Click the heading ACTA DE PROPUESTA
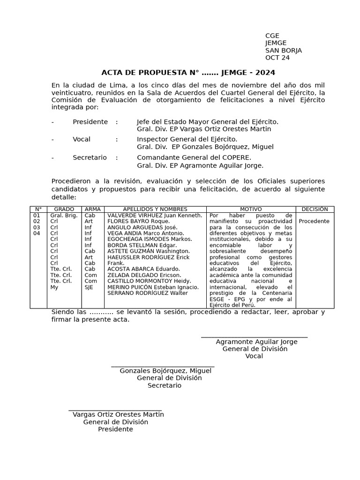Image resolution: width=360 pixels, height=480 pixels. click(x=188, y=73)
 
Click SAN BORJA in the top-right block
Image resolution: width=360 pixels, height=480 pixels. click(x=284, y=51)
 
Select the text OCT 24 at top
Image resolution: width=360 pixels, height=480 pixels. click(x=277, y=58)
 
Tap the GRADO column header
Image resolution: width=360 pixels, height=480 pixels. click(x=64, y=209)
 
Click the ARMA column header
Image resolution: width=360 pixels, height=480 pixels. click(x=93, y=209)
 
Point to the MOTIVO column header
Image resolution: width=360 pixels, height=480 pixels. click(x=251, y=209)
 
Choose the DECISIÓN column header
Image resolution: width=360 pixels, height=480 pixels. click(x=315, y=209)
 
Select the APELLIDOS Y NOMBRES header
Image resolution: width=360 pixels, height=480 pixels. click(x=155, y=209)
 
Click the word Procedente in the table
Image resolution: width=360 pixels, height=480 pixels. click(x=314, y=221)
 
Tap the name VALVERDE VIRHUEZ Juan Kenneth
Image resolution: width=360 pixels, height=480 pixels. click(x=155, y=216)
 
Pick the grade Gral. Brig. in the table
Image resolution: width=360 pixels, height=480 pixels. click(x=64, y=216)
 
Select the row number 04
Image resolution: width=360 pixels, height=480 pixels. click(x=37, y=233)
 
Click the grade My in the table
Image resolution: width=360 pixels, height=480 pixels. click(x=54, y=287)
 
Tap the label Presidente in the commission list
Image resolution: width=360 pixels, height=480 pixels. click(x=90, y=122)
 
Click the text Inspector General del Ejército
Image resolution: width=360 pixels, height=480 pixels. click(x=187, y=139)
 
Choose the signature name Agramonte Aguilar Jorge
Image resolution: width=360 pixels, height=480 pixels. click(x=256, y=342)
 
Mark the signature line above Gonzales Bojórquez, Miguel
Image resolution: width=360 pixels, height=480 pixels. click(x=163, y=366)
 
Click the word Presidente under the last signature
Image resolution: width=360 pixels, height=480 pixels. click(x=115, y=429)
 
